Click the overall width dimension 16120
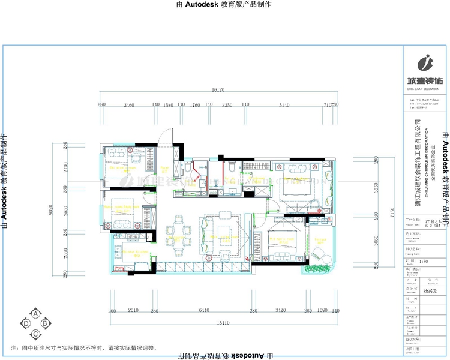tap(217, 90)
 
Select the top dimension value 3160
tap(128, 105)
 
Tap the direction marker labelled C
tap(35, 334)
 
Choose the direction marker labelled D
tap(26, 324)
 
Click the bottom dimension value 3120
tap(280, 311)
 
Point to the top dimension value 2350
tap(227, 105)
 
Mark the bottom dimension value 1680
tap(322, 311)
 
